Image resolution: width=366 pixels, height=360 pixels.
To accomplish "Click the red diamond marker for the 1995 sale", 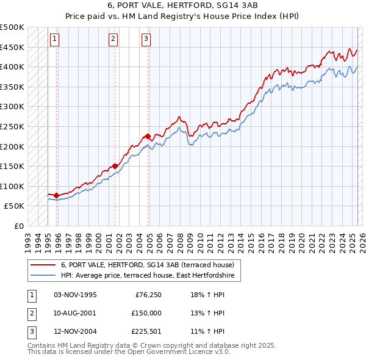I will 56,195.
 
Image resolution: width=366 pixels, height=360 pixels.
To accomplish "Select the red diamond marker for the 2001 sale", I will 115,166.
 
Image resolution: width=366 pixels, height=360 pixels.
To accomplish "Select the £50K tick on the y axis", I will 15,206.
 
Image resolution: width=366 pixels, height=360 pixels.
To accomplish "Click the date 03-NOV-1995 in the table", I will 75,295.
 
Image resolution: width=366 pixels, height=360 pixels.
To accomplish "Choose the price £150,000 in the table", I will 146,313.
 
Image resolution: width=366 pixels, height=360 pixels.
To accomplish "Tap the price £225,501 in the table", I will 146,332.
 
